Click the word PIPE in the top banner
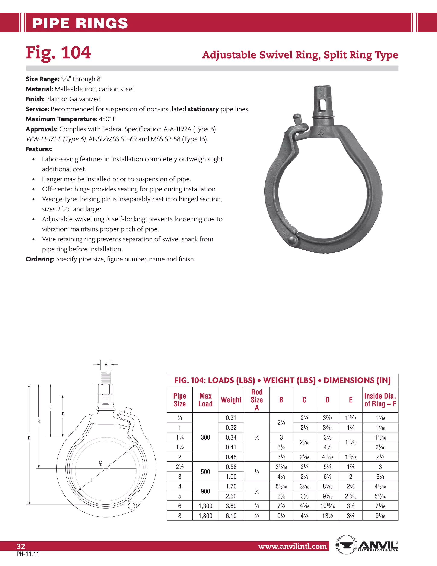coord(50,23)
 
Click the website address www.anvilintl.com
coord(293,546)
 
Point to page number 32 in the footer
coord(21,546)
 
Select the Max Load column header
coord(205,400)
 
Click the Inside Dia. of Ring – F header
coord(380,400)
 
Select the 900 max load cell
coord(205,491)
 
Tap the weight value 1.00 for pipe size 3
coord(231,476)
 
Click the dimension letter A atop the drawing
coord(106,364)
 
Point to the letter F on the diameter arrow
coord(91,480)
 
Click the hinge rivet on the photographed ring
coord(293,240)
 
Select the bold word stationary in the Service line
coord(203,109)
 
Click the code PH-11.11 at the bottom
coord(28,554)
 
